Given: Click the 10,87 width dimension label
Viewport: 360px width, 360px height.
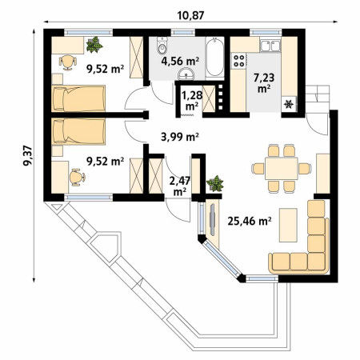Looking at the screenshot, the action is pyautogui.click(x=190, y=15).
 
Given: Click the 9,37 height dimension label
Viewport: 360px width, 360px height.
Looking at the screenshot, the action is pyautogui.click(x=28, y=155).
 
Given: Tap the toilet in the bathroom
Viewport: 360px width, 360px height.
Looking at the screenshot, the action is pyautogui.click(x=162, y=46).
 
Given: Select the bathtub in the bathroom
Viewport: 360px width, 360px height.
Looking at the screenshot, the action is pyautogui.click(x=214, y=58).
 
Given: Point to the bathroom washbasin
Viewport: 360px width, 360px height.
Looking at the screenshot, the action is pyautogui.click(x=186, y=74).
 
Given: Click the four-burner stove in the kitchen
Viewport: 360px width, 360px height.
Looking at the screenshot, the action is pyautogui.click(x=238, y=61).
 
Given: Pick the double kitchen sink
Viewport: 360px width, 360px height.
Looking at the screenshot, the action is pyautogui.click(x=270, y=46).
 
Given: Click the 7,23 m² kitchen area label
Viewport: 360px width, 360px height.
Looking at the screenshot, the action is pyautogui.click(x=264, y=83).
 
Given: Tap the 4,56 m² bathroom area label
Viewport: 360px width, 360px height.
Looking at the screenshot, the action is pyautogui.click(x=180, y=61).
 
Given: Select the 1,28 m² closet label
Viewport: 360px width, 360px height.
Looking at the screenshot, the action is pyautogui.click(x=192, y=101).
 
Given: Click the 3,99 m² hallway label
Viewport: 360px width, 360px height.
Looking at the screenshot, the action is pyautogui.click(x=180, y=137).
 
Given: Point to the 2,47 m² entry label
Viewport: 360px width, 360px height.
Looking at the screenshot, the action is pyautogui.click(x=180, y=186).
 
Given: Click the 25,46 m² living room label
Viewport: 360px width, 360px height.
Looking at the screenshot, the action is pyautogui.click(x=250, y=221).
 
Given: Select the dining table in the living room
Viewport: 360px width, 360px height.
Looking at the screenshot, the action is pyautogui.click(x=281, y=168).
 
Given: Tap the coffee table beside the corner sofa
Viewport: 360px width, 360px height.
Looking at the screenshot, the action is pyautogui.click(x=288, y=225).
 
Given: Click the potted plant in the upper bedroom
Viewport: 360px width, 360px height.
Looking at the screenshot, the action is pyautogui.click(x=94, y=45).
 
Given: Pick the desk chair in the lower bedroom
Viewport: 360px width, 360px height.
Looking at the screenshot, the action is pyautogui.click(x=77, y=177).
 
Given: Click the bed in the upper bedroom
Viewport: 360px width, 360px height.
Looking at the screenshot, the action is pyautogui.click(x=78, y=98).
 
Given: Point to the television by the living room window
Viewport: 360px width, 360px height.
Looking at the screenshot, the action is pyautogui.click(x=212, y=220).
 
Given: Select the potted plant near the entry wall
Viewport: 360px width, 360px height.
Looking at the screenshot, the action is pyautogui.click(x=215, y=183).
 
